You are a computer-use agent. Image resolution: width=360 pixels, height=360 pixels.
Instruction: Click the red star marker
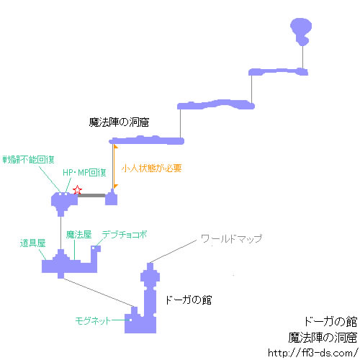pos(77,190)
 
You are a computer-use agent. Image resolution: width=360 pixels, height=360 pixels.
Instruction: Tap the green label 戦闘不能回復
pos(28,160)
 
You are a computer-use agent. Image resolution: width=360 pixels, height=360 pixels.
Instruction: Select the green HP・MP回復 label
pos(84,173)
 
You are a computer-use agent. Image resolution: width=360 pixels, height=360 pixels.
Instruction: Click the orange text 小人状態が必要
pos(152,168)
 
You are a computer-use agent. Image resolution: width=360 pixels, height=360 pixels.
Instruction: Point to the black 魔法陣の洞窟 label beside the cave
pos(119,122)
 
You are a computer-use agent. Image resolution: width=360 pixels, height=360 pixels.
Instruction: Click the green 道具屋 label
pos(33,243)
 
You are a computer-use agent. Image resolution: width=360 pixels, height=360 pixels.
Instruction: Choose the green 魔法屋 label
pos(79,235)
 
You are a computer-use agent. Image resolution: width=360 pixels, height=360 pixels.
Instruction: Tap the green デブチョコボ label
pos(125,235)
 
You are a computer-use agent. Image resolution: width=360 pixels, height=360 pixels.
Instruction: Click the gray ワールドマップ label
pos(231,238)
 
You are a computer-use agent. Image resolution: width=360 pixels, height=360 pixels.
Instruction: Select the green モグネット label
pos(93,320)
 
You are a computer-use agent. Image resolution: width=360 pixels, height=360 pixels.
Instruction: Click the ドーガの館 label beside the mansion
pos(189,300)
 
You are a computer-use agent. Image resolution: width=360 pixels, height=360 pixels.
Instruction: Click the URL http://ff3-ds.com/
pos(312,353)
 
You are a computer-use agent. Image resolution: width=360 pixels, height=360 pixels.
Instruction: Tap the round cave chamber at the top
pos(301,30)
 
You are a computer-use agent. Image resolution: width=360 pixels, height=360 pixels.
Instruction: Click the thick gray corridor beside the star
pos(91,196)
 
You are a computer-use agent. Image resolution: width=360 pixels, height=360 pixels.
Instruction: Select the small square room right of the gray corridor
pos(112,198)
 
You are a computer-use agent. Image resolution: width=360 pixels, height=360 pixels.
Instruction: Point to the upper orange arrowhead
pos(116,147)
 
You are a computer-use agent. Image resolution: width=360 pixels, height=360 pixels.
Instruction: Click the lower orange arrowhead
pos(116,186)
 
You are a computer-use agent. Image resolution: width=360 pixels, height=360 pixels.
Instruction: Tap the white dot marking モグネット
pos(131,320)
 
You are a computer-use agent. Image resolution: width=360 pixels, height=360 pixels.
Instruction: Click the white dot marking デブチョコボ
pos(94,248)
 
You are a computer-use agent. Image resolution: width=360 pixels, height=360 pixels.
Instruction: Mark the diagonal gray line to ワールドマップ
pos(172,251)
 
